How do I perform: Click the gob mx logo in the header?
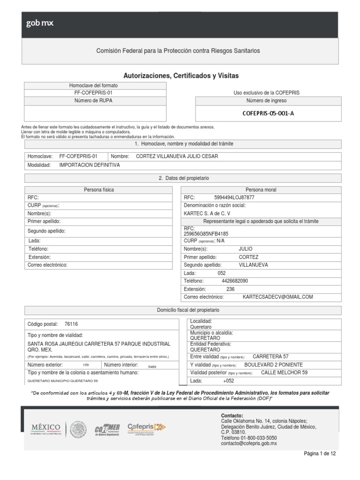40,24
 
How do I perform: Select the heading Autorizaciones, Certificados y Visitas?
181,75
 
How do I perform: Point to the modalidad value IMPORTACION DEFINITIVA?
90,165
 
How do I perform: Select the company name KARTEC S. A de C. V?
206,213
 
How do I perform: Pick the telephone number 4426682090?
234,280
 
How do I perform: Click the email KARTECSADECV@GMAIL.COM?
277,297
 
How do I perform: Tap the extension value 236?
230,289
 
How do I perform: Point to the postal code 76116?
71,324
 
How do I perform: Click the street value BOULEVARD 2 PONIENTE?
273,365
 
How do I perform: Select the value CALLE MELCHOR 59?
284,373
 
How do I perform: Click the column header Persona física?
99,190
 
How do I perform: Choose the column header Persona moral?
261,190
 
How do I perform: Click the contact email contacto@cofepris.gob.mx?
249,443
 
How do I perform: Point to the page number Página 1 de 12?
320,454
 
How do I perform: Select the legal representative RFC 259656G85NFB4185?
207,233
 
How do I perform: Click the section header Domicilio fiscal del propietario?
187,310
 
